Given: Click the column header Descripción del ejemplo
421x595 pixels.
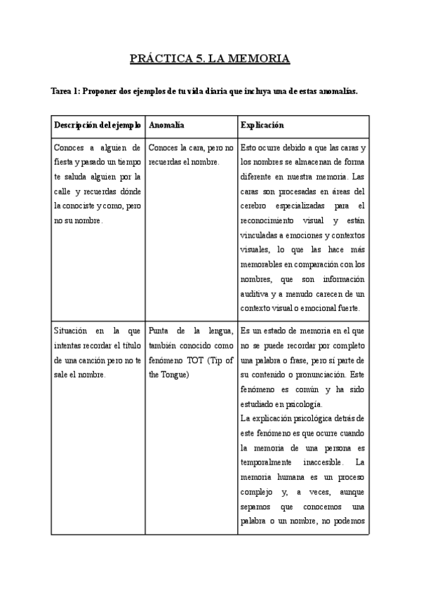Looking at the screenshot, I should (98, 124).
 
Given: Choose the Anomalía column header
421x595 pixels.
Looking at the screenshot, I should (167, 124).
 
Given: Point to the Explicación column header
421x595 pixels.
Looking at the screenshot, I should (262, 124).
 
